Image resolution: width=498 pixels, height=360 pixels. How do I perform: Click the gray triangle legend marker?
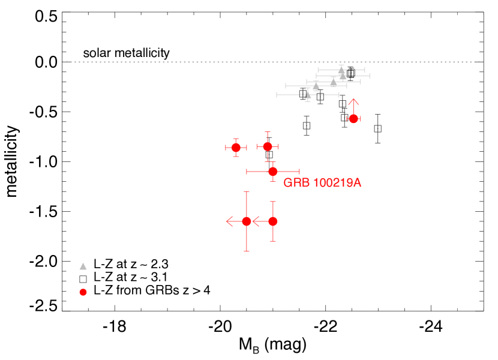point(83,266)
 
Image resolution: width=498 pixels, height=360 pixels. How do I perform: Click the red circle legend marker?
point(83,292)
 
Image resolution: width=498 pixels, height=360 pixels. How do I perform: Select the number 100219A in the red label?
point(337,183)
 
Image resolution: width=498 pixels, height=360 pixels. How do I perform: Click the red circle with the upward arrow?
point(353,119)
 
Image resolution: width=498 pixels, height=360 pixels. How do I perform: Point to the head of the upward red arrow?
point(353,100)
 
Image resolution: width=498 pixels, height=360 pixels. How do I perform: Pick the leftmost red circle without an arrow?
point(236,148)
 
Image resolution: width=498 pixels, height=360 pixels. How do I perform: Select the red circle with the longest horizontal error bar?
point(273,172)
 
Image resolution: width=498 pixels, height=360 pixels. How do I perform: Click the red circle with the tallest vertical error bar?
point(247,221)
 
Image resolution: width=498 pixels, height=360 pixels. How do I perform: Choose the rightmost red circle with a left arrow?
point(273,221)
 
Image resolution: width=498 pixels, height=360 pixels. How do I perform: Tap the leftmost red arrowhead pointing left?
point(227,221)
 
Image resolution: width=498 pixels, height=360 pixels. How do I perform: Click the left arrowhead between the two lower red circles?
point(254,221)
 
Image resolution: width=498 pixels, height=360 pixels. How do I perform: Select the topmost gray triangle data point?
point(341,70)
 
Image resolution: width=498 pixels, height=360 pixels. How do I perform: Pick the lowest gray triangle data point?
point(308,95)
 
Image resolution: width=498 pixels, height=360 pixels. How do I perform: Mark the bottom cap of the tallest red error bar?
point(247,251)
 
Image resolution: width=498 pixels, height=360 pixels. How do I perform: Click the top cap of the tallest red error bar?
point(247,192)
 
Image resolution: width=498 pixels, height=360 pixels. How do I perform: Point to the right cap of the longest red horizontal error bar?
point(299,172)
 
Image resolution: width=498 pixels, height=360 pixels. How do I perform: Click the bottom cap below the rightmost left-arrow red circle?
point(273,241)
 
